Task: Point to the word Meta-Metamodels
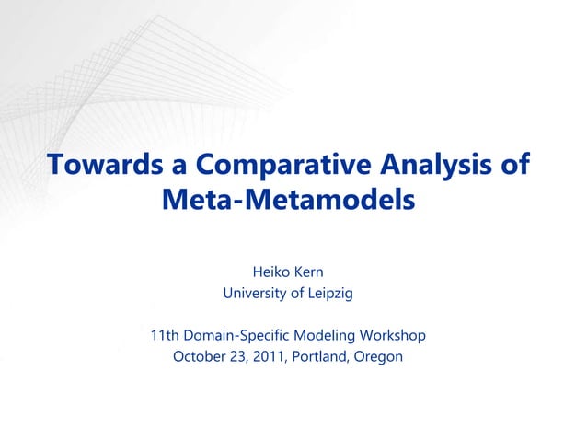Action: click(288, 199)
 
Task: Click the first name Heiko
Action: click(270, 272)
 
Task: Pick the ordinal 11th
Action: click(167, 335)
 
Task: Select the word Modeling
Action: click(324, 335)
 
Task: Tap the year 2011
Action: click(267, 356)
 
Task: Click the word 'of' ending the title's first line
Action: click(516, 165)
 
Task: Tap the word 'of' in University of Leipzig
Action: click(293, 295)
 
